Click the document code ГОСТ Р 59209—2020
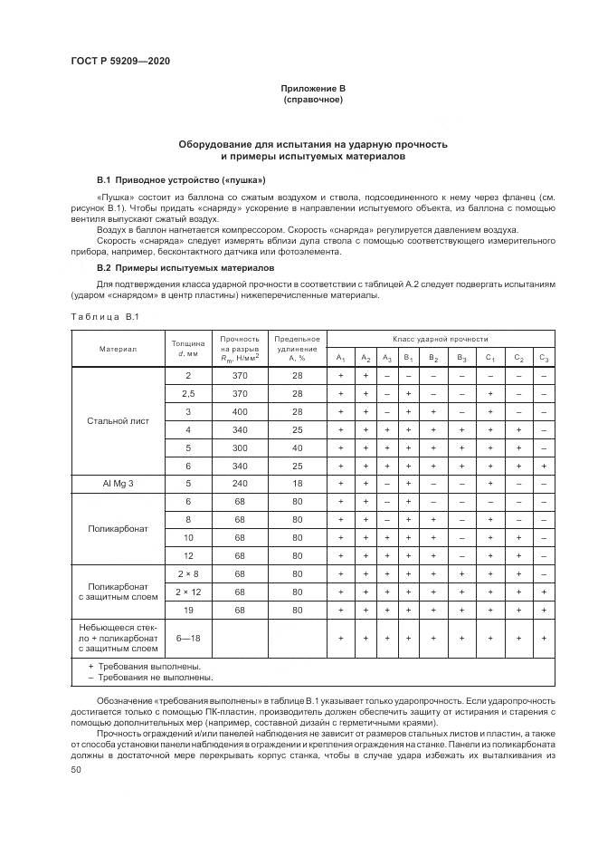coord(120,61)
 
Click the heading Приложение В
coord(313,88)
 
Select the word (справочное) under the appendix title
coord(313,99)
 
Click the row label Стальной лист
coord(118,420)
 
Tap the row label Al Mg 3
coord(118,484)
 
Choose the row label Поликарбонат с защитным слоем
coord(118,592)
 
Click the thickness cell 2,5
coord(188,393)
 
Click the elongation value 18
coord(297,484)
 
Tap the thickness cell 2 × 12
coord(188,592)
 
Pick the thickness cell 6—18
coord(188,639)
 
